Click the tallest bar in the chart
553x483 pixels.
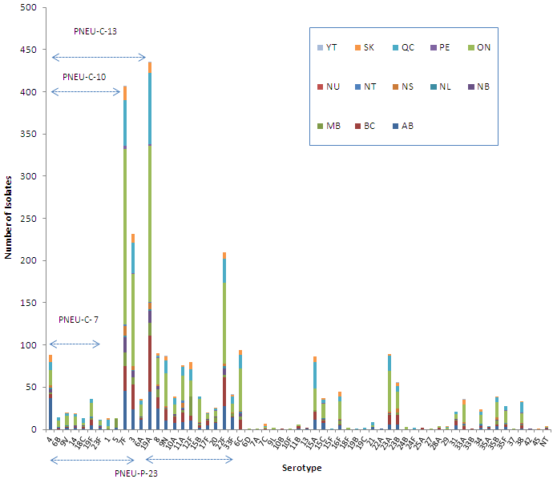(150, 240)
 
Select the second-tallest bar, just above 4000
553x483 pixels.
(125, 256)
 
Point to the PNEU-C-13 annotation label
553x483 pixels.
(96, 31)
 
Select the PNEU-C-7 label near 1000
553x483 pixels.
(79, 320)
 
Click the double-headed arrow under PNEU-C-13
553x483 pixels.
(99, 57)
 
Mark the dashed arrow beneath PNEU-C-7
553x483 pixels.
(75, 345)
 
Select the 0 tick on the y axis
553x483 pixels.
(34, 429)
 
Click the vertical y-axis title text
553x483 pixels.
(7, 216)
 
